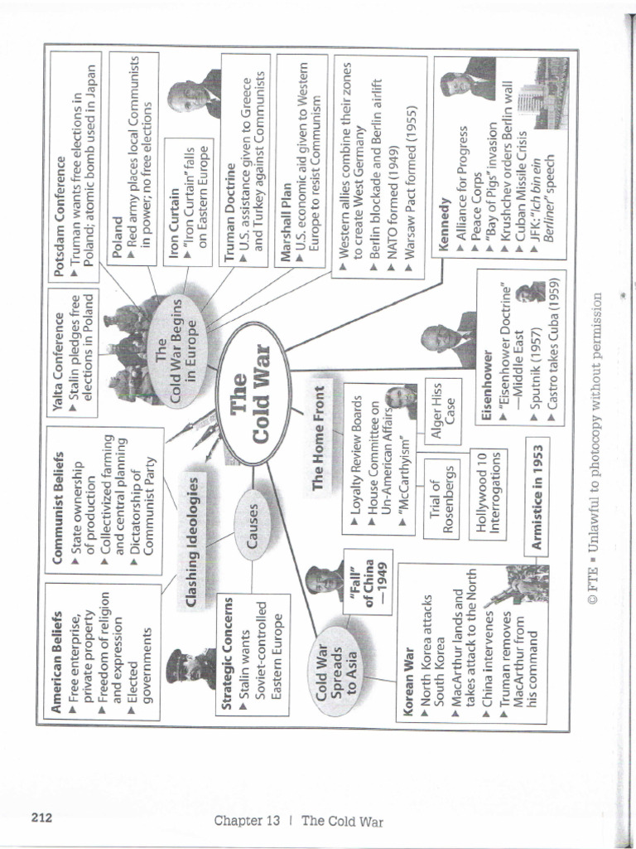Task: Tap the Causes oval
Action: (x=252, y=524)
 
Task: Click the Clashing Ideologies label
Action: (x=191, y=541)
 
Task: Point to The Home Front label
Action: (x=319, y=438)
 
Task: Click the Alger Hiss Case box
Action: (x=445, y=411)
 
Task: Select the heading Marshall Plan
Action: (x=285, y=222)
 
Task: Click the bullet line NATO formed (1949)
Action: (x=393, y=206)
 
